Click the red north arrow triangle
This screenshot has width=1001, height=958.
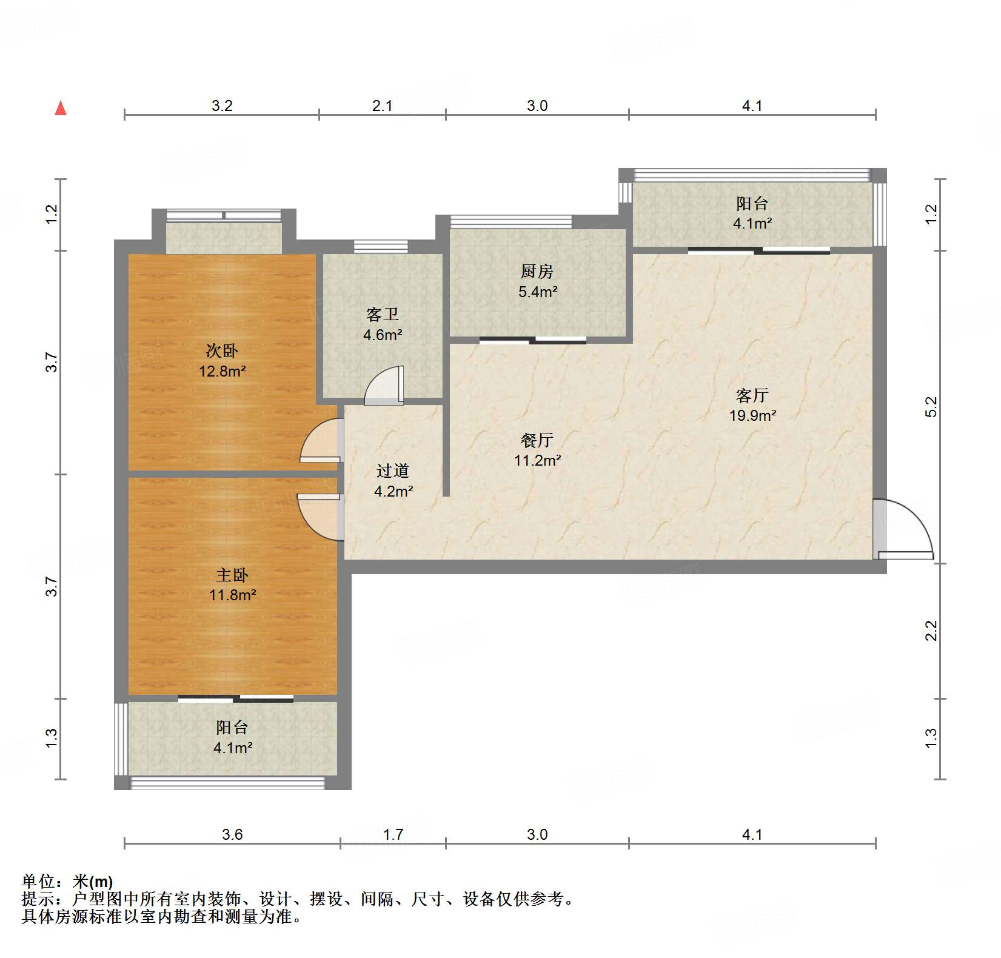[61, 109]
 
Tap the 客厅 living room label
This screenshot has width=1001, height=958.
[752, 396]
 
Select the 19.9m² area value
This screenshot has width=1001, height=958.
[752, 416]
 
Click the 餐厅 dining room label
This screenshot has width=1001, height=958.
[537, 440]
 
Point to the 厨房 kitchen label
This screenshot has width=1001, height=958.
[537, 272]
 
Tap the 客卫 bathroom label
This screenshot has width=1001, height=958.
[383, 315]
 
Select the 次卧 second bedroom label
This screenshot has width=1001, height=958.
[222, 351]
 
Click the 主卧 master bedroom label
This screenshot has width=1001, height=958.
[232, 575]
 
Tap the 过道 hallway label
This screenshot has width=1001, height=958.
[393, 471]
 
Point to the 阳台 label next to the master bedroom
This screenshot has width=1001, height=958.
[232, 728]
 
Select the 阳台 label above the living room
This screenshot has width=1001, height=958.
[752, 204]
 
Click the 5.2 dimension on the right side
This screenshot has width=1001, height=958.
[931, 406]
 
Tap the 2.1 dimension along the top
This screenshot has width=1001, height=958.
[382, 106]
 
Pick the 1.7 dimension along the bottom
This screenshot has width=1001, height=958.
[393, 835]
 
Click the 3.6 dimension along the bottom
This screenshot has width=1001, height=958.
[232, 835]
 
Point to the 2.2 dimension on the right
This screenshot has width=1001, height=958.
[931, 631]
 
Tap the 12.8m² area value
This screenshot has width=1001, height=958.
[222, 371]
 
